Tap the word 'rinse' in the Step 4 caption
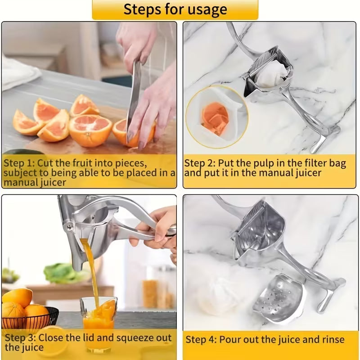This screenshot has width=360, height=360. tap(331, 340)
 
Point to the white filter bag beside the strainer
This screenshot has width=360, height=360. tap(227, 292)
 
